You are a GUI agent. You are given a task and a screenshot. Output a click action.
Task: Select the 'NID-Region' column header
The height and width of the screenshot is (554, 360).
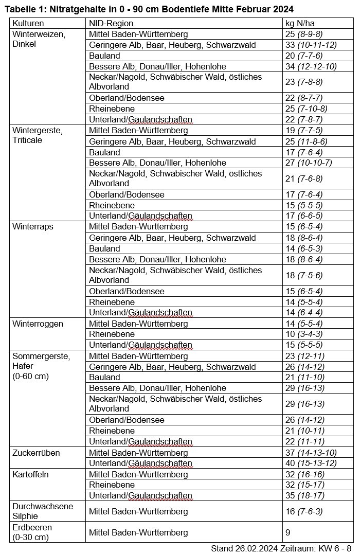pos(111,24)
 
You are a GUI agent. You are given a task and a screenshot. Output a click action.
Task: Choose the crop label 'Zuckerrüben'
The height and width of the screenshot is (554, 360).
pos(36,453)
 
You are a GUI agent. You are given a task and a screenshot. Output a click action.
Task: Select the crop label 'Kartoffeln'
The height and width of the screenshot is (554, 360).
pos(30,474)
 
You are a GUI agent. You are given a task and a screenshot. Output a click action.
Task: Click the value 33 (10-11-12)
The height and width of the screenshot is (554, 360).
pos(311,45)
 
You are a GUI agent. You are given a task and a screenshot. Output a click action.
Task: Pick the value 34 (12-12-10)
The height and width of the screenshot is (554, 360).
pos(311,67)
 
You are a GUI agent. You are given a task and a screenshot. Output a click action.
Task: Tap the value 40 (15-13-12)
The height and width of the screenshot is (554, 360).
pos(311,463)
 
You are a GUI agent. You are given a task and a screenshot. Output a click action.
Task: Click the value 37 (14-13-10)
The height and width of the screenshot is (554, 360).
pos(311,453)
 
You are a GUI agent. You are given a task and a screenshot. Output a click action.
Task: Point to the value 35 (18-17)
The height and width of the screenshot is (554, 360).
pos(307,496)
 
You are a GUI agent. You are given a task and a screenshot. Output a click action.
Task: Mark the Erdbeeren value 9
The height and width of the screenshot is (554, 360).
pos(288,532)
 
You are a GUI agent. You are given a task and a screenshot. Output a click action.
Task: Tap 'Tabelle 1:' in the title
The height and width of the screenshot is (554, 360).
pos(25,9)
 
